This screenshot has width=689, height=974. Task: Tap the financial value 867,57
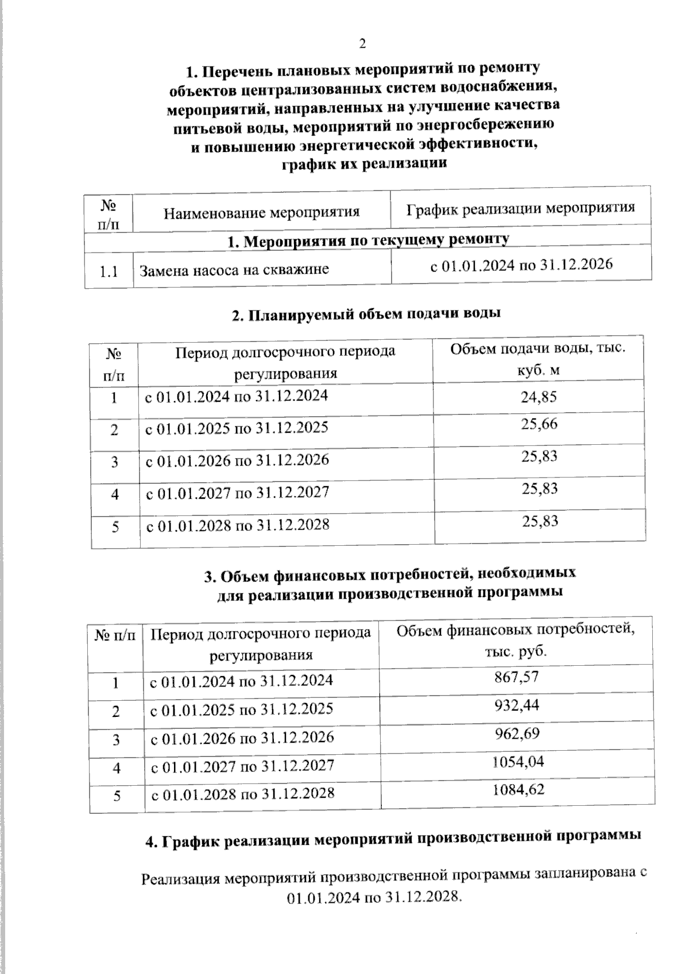(x=516, y=677)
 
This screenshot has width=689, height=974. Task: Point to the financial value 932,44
(x=517, y=705)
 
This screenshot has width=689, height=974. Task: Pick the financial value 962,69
(x=517, y=734)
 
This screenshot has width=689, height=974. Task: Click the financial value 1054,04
(x=518, y=762)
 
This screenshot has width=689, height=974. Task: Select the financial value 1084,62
(x=518, y=790)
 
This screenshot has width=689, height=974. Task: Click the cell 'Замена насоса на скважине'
(x=234, y=269)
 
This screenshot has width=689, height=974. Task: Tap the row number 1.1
(x=109, y=271)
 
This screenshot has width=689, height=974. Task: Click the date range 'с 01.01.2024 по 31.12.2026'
(x=521, y=265)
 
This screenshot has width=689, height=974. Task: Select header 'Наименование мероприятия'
(x=261, y=212)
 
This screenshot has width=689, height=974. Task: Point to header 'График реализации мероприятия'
(x=521, y=207)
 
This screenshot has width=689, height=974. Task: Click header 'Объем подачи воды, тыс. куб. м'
(x=537, y=359)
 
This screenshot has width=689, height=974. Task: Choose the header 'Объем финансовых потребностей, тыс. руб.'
(x=516, y=641)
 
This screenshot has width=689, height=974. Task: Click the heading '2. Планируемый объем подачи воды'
(x=366, y=314)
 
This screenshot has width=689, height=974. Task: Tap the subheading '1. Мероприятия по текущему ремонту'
(x=368, y=240)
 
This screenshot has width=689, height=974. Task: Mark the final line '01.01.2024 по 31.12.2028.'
(x=374, y=897)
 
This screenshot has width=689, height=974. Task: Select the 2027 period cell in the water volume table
(x=237, y=492)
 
